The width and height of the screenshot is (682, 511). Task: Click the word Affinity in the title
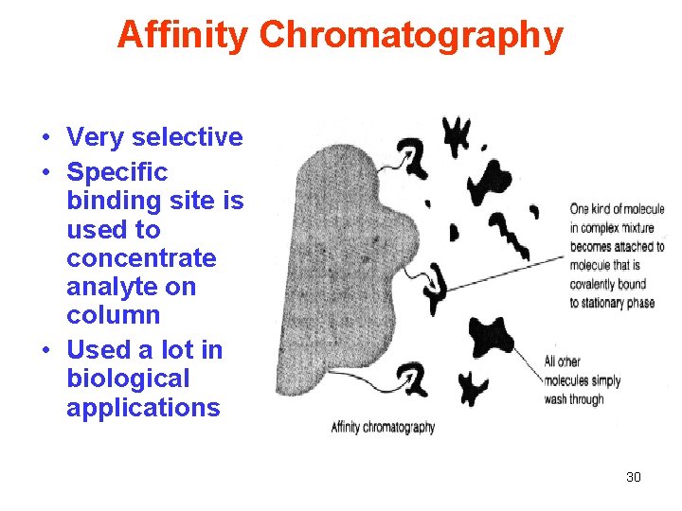pos(183,36)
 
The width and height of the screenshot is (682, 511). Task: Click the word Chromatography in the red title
pos(411,36)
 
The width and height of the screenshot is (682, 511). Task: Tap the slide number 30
pos(634,477)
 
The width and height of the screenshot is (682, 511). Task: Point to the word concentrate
pos(141,258)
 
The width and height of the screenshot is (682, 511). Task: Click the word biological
pos(128,379)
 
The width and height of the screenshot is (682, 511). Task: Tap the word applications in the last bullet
pos(143,408)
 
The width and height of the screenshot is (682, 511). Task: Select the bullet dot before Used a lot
pos(45,351)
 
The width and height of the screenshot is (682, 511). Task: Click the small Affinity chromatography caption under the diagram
pos(383,428)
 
